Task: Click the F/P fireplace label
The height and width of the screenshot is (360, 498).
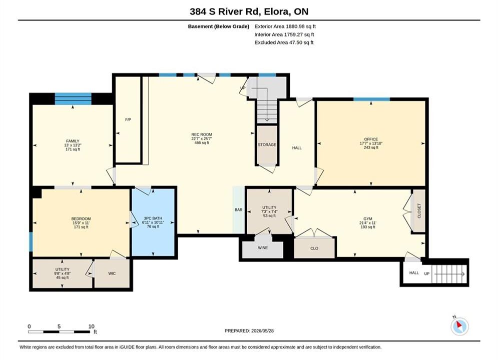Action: pyautogui.click(x=128, y=119)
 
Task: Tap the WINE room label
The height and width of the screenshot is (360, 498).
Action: pyautogui.click(x=263, y=247)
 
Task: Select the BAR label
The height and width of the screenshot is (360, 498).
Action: pyautogui.click(x=239, y=209)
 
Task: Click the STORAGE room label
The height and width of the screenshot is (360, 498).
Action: pyautogui.click(x=267, y=144)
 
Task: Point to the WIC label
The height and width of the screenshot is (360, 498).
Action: pyautogui.click(x=112, y=273)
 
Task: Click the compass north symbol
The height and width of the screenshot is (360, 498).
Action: pyautogui.click(x=459, y=325)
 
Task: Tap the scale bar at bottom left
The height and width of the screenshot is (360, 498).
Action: pyautogui.click(x=59, y=332)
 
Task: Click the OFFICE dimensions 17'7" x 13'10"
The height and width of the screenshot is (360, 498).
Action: pyautogui.click(x=371, y=143)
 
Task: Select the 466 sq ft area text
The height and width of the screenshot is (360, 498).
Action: pyautogui.click(x=202, y=142)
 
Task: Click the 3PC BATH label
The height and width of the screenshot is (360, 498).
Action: pyautogui.click(x=153, y=218)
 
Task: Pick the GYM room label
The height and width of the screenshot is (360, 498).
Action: pyautogui.click(x=368, y=218)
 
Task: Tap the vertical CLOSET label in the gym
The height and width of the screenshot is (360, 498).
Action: pyautogui.click(x=419, y=210)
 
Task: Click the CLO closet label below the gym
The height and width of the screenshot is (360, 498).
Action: pyautogui.click(x=314, y=248)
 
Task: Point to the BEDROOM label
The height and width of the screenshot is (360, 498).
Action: pyautogui.click(x=81, y=218)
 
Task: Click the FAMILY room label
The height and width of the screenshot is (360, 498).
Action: pyautogui.click(x=73, y=141)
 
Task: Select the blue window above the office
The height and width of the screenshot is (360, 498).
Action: pyautogui.click(x=371, y=99)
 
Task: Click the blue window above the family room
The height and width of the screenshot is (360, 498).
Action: pyautogui.click(x=73, y=98)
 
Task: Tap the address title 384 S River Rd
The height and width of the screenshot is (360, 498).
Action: pyautogui.click(x=226, y=11)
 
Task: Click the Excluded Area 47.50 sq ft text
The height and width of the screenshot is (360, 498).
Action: pyautogui.click(x=284, y=42)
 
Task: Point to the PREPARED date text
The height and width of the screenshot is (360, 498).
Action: pyautogui.click(x=249, y=331)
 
